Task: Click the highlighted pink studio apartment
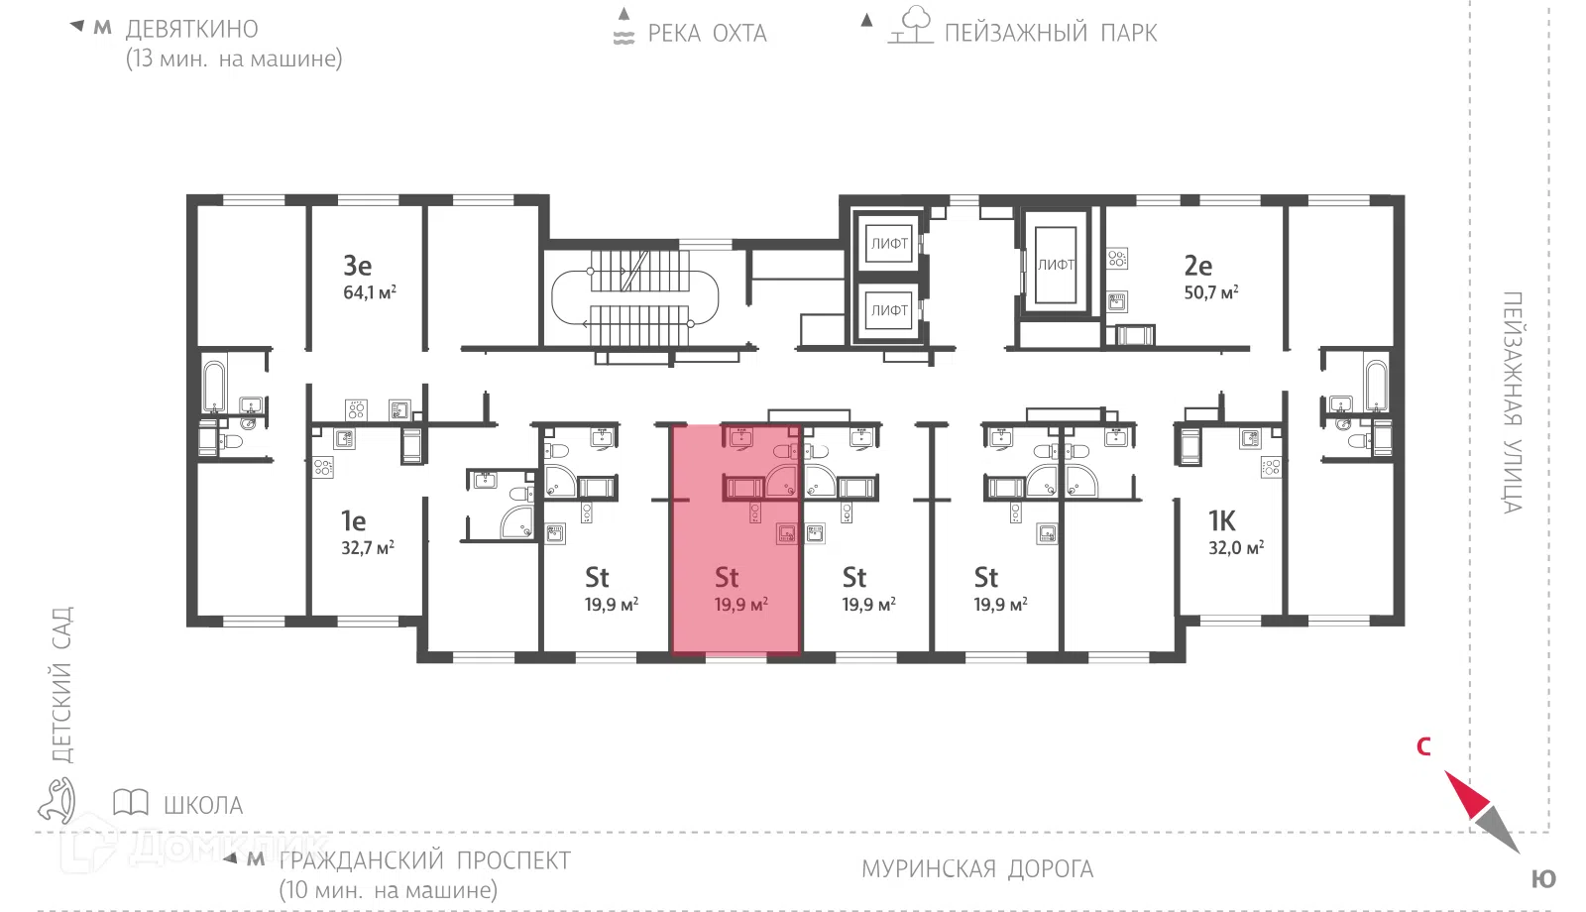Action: pos(736,539)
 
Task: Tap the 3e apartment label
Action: pos(358,266)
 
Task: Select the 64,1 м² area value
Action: pos(370,291)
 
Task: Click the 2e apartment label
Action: pos(1198,266)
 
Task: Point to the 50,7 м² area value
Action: pos(1211,291)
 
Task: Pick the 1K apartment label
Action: pos(1221,521)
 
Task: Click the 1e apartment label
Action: pos(353,521)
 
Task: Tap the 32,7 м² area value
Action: pos(368,547)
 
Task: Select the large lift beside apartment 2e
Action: pos(1056,265)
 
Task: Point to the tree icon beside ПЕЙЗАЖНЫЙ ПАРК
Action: pos(912,25)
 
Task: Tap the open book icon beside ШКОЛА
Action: pos(131,803)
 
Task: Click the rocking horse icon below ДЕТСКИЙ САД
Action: pos(57,801)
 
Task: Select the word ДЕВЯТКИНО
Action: pos(192,29)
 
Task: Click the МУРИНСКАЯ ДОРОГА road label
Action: pos(977,868)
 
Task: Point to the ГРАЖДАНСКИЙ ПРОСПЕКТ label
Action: pos(425,861)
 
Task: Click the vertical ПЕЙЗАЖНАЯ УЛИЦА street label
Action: pos(1513,402)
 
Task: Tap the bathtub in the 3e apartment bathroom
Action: pos(214,387)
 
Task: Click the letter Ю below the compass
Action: pos(1543,879)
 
